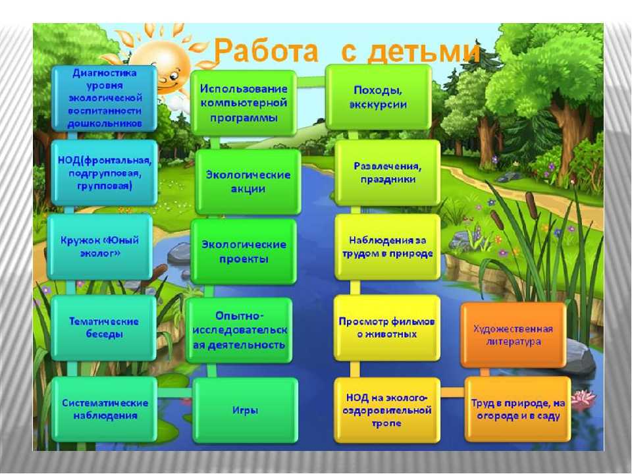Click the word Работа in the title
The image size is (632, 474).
click(x=265, y=51)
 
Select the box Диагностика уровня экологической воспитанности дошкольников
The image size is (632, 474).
click(x=105, y=98)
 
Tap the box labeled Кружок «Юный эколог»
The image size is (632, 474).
click(x=100, y=247)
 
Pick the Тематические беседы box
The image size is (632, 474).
click(x=103, y=328)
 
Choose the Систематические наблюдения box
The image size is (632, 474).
click(x=105, y=409)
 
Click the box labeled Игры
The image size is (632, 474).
click(x=246, y=410)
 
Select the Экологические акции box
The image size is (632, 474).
click(x=248, y=182)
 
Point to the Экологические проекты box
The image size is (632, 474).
click(x=244, y=251)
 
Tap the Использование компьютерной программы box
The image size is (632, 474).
click(x=244, y=103)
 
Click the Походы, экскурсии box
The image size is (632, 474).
click(x=379, y=97)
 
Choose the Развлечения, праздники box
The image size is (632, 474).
click(x=387, y=172)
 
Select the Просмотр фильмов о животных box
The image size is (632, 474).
click(x=387, y=328)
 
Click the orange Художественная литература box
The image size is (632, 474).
click(x=513, y=335)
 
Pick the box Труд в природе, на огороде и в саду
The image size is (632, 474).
click(x=518, y=409)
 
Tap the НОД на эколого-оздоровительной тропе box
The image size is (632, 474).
click(x=387, y=410)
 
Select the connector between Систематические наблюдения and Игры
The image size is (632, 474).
click(x=175, y=392)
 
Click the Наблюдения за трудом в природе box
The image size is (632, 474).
click(x=387, y=247)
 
